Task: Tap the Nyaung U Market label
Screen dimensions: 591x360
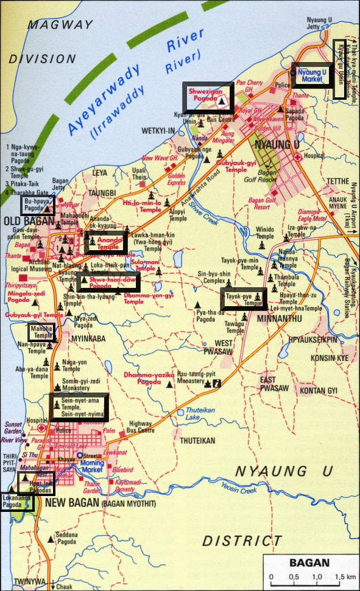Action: [312, 75]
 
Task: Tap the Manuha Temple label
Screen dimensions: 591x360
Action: [43, 332]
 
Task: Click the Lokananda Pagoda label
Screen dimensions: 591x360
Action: [16, 501]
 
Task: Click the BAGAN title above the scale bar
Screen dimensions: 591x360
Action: [309, 562]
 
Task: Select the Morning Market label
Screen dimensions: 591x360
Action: [93, 466]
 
